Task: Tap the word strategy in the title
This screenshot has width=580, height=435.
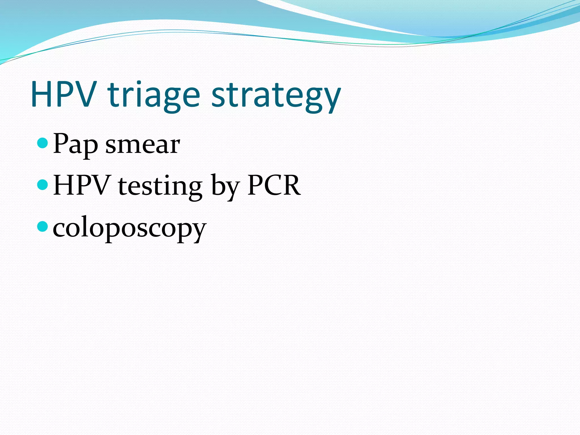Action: [276, 96]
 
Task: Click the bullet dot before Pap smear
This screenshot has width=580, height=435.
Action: [43, 143]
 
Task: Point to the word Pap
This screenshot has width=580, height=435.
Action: [75, 144]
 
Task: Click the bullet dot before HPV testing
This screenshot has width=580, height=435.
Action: [43, 185]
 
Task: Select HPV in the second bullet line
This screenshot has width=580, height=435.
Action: [81, 185]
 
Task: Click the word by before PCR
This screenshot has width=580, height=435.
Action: [225, 187]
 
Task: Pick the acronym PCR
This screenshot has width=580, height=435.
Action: [274, 185]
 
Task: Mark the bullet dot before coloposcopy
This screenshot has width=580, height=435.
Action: [43, 226]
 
